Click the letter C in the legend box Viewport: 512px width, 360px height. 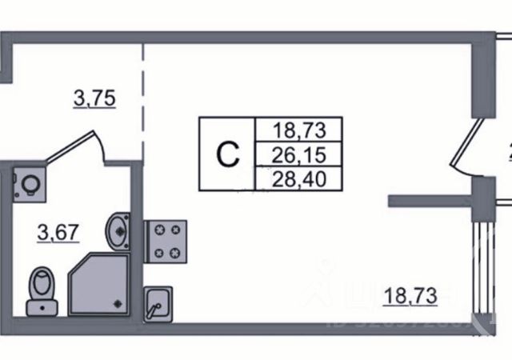point(228,154)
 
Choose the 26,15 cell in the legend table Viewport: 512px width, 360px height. point(297,152)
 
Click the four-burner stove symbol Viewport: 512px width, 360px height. point(165,241)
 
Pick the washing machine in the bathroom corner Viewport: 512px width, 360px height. point(30,183)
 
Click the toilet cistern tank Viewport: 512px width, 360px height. point(39,305)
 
